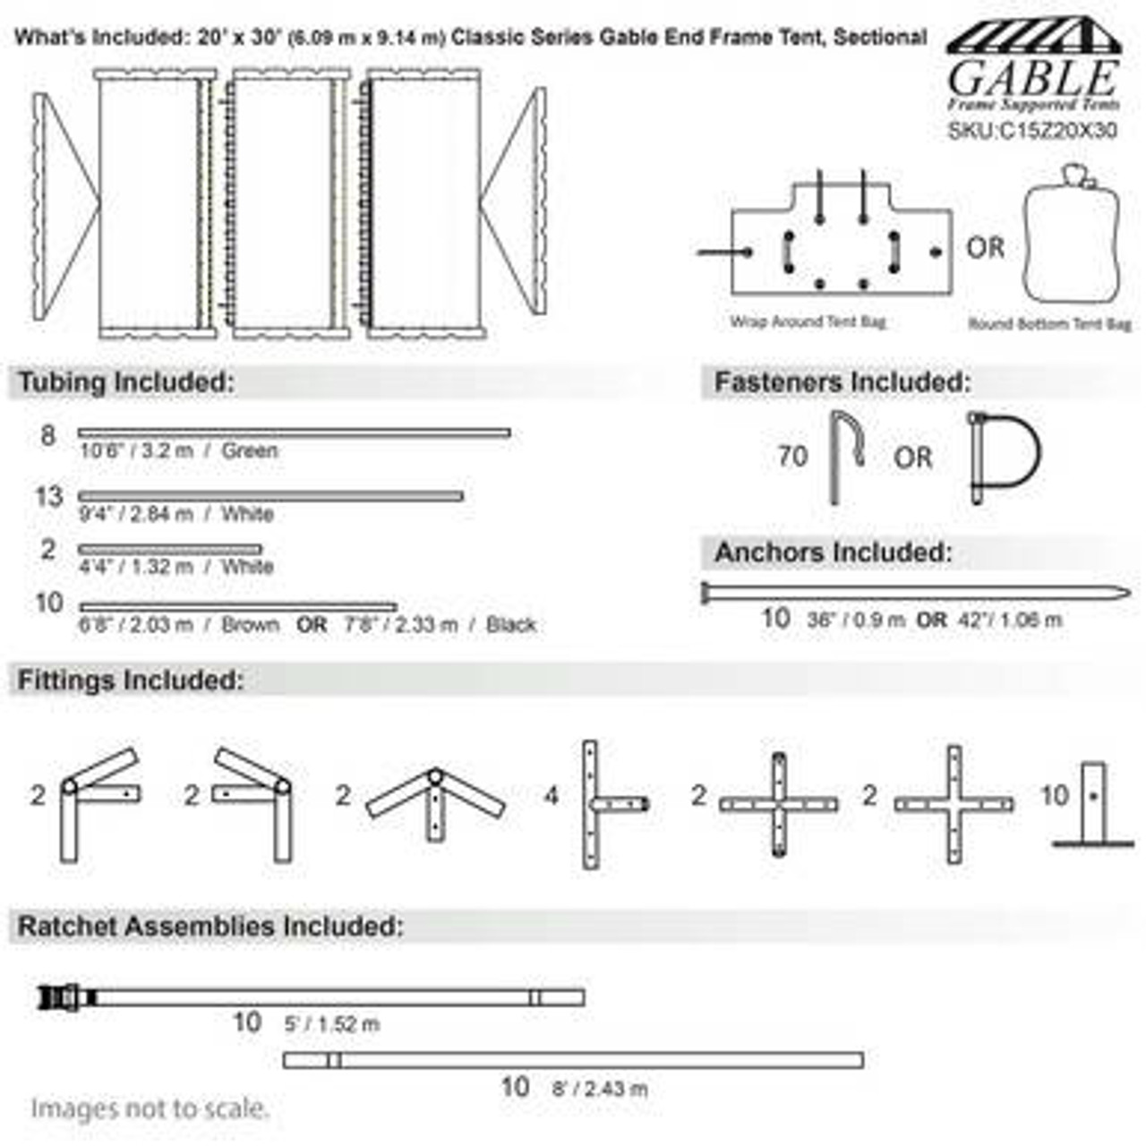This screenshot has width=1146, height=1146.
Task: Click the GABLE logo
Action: click(x=1033, y=67)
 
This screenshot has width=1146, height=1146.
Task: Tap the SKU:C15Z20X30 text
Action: click(x=1032, y=131)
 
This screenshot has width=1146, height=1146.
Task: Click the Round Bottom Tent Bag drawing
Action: click(x=1073, y=237)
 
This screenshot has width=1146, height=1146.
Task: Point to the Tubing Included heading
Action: click(x=126, y=382)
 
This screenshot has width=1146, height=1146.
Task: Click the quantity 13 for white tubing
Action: click(x=48, y=496)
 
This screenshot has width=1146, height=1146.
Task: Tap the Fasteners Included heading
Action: click(x=842, y=382)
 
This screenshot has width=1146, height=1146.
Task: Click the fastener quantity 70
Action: click(x=792, y=457)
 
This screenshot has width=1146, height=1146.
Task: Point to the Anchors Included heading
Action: click(x=833, y=552)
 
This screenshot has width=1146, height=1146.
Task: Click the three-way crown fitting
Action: click(x=435, y=800)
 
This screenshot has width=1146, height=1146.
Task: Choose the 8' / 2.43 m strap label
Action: click(x=599, y=1089)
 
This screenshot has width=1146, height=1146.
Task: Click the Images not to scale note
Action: click(x=150, y=1108)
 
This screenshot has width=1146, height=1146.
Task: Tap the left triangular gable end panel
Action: click(x=63, y=203)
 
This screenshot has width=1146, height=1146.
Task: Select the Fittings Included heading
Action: click(x=131, y=680)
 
